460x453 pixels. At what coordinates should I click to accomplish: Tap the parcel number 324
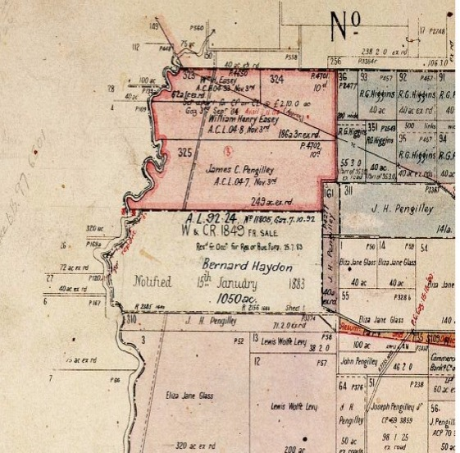276,80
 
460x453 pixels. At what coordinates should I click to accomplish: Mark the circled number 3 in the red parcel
226,149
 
